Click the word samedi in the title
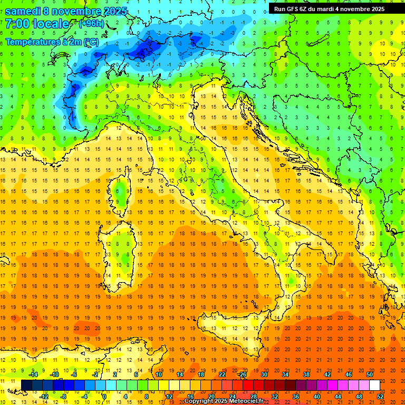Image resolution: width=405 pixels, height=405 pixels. [24, 11]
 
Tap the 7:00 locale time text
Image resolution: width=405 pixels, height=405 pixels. [37, 24]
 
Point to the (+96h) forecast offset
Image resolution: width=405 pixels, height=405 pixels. [91, 24]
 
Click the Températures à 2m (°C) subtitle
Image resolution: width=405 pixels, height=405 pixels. [52, 42]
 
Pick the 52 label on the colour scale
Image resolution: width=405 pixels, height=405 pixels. [380, 396]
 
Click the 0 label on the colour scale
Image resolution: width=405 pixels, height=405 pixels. [104, 396]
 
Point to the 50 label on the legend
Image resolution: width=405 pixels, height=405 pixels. [370, 374]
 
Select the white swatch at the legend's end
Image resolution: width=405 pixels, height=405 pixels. [374, 385]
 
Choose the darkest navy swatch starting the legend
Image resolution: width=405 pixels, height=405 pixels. [27, 385]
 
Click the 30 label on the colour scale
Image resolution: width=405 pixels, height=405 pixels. [264, 374]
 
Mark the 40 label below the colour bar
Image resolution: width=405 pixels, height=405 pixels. [317, 396]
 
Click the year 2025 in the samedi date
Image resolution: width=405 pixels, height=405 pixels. [115, 11]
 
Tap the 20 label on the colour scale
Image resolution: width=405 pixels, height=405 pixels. [211, 396]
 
